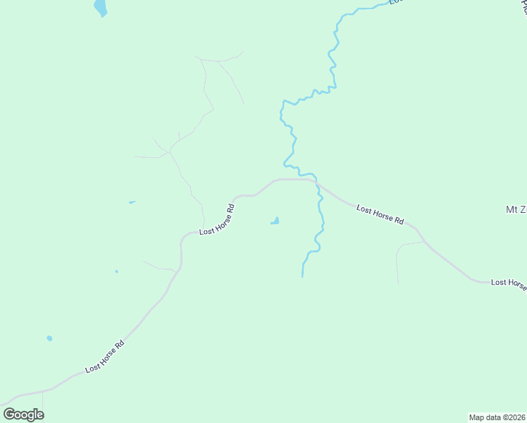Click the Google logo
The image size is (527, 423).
click(23, 415)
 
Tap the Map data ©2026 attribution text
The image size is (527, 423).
click(497, 417)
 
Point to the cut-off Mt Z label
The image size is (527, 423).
click(516, 209)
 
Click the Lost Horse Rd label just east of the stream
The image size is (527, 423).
click(380, 214)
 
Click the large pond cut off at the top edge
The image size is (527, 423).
click(101, 8)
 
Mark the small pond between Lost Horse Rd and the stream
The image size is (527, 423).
click(275, 222)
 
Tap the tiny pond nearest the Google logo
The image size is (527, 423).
click(49, 338)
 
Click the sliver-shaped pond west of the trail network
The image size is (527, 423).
click(132, 202)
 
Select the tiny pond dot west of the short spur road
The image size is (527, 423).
click(116, 271)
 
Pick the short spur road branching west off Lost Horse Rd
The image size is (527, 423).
click(159, 266)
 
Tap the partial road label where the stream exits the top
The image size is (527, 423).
click(397, 2)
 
